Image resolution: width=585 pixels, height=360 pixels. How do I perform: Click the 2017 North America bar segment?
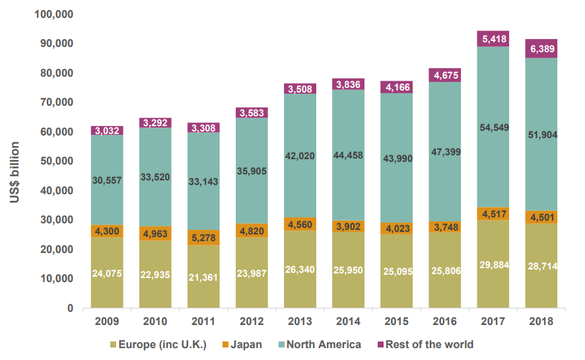pyautogui.click(x=493, y=127)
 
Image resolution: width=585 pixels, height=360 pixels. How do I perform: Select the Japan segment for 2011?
pyautogui.click(x=204, y=237)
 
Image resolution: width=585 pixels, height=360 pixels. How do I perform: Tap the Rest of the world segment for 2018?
pyautogui.click(x=541, y=48)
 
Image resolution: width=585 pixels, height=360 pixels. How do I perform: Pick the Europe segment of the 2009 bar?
pyautogui.click(x=107, y=273)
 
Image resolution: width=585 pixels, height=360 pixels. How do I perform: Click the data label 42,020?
pyautogui.click(x=300, y=156)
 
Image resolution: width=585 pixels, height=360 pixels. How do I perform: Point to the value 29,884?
pyautogui.click(x=495, y=265)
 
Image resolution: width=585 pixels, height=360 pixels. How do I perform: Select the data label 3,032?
pyautogui.click(x=107, y=131)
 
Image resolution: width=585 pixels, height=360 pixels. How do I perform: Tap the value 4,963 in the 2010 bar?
pyautogui.click(x=155, y=234)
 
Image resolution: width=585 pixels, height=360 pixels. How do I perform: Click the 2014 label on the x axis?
pyautogui.click(x=348, y=321)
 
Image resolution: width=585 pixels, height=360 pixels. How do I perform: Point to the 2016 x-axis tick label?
pyautogui.click(x=445, y=321)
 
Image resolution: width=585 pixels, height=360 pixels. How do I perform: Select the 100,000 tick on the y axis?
pyautogui.click(x=53, y=14)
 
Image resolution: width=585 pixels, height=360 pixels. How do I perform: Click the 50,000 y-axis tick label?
pyautogui.click(x=57, y=161)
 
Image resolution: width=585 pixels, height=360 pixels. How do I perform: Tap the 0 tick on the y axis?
pyautogui.click(x=70, y=308)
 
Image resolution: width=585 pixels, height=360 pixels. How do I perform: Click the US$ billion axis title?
pyautogui.click(x=15, y=172)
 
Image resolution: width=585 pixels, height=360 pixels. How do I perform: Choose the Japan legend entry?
pyautogui.click(x=242, y=344)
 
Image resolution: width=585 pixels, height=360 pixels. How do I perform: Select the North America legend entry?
pyautogui.click(x=320, y=344)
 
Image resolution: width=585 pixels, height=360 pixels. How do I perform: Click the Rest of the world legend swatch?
pyautogui.click(x=380, y=344)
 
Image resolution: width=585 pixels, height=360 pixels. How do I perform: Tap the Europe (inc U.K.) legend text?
pyautogui.click(x=162, y=344)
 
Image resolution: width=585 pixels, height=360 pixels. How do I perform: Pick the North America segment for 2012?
pyautogui.click(x=252, y=171)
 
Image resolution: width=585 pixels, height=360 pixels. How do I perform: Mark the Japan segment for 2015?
pyautogui.click(x=397, y=229)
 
